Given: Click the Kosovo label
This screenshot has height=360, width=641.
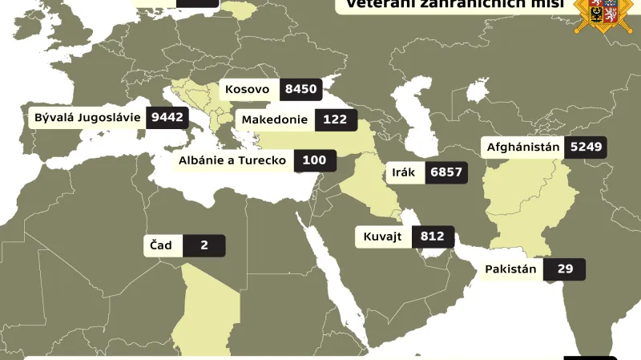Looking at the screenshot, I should [x=248, y=90].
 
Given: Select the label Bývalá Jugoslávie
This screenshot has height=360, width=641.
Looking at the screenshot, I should [x=87, y=118].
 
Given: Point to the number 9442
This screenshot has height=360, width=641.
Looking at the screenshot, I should [x=167, y=118].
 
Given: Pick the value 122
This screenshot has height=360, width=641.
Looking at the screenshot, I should [x=335, y=119].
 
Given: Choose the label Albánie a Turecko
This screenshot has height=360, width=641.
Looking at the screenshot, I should [x=233, y=160].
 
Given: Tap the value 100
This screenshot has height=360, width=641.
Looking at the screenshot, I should [x=314, y=160].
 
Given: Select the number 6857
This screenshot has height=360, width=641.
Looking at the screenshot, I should [x=446, y=172].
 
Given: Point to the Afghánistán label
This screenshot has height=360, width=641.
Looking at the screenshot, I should [x=523, y=148].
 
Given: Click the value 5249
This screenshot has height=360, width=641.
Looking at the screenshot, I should [x=586, y=148].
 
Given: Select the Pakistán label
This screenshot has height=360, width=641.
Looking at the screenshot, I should [x=510, y=269].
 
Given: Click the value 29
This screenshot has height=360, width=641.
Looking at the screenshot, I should [x=565, y=269].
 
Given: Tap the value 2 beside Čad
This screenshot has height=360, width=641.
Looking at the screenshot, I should [x=204, y=245].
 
